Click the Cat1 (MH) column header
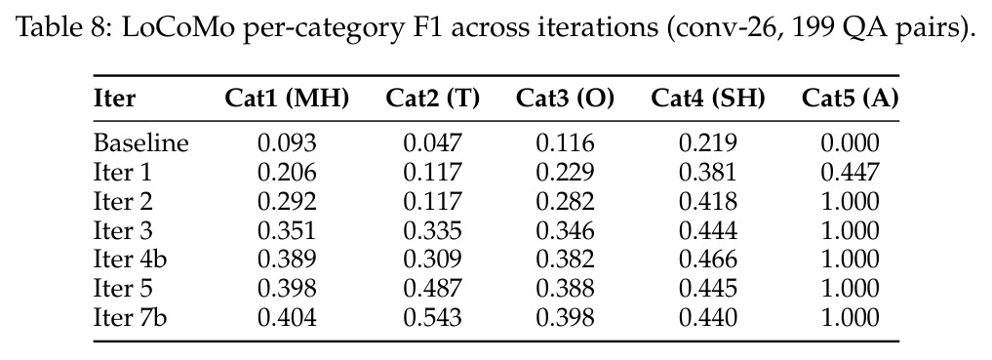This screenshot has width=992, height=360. click(287, 99)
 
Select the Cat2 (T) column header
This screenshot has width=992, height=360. click(433, 99)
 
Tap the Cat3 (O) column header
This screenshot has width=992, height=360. click(565, 99)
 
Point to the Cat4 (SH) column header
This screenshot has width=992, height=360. click(708, 99)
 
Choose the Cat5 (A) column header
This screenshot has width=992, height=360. click(851, 99)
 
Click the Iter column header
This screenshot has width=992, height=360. click(114, 99)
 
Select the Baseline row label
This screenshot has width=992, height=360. click(141, 143)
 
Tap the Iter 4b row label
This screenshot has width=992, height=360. click(131, 260)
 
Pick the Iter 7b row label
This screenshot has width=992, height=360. click(131, 317)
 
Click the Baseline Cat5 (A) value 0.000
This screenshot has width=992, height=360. click(851, 143)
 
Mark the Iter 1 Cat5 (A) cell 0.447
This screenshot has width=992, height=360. click(851, 172)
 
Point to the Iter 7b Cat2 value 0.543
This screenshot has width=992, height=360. click(433, 317)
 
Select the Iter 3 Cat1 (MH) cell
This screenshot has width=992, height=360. click(287, 230)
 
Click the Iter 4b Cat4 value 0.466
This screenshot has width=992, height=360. click(708, 260)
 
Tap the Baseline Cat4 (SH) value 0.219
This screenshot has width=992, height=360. click(708, 143)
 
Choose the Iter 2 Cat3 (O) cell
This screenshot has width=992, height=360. click(565, 201)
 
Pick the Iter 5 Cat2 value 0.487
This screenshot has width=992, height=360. click(433, 289)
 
